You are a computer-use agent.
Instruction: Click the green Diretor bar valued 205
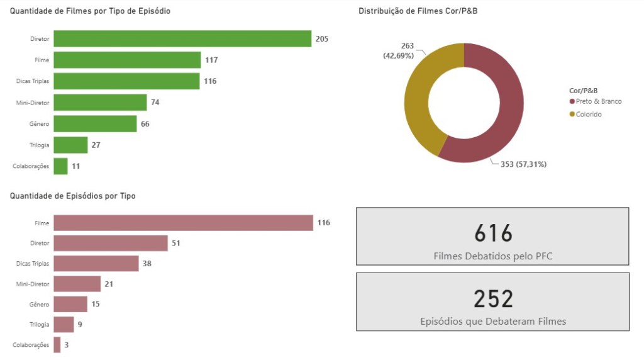182,38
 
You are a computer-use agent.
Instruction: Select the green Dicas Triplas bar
126,81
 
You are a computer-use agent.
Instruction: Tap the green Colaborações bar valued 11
60,166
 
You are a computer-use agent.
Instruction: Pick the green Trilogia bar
70,145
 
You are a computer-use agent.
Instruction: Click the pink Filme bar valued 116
183,223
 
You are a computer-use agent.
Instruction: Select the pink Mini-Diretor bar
77,284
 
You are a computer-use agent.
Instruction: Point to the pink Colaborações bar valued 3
57,345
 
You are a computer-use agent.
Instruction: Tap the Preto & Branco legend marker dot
572,101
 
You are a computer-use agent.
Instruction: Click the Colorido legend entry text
589,115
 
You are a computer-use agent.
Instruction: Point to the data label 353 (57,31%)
523,164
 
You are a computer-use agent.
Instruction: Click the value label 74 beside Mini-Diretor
155,103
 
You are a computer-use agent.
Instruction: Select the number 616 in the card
493,233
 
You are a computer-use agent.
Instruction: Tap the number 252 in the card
493,299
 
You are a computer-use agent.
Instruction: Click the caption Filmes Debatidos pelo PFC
493,256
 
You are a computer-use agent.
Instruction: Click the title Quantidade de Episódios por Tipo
73,196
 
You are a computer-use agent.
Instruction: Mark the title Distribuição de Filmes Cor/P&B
418,11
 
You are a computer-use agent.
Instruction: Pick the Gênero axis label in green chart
39,124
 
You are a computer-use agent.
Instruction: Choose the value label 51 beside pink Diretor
176,244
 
